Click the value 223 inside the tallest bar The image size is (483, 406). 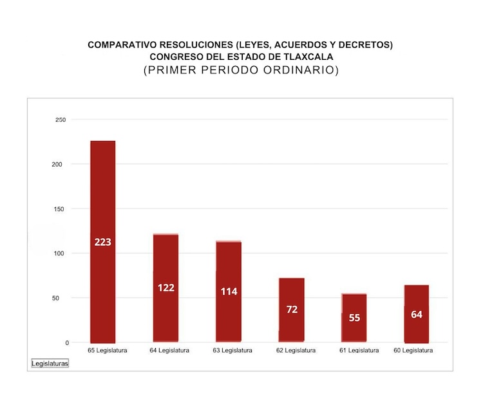click(x=102, y=242)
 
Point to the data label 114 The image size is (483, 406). click(x=229, y=291)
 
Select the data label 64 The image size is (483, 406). click(x=417, y=315)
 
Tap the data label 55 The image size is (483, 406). click(x=354, y=318)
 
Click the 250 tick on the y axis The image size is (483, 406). click(x=61, y=120)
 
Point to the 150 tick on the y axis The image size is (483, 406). click(x=61, y=209)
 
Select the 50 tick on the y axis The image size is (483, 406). click(x=62, y=298)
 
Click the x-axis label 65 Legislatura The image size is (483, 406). click(x=108, y=351)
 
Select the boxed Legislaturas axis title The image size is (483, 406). click(x=50, y=364)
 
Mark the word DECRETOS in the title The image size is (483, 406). click(x=366, y=45)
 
